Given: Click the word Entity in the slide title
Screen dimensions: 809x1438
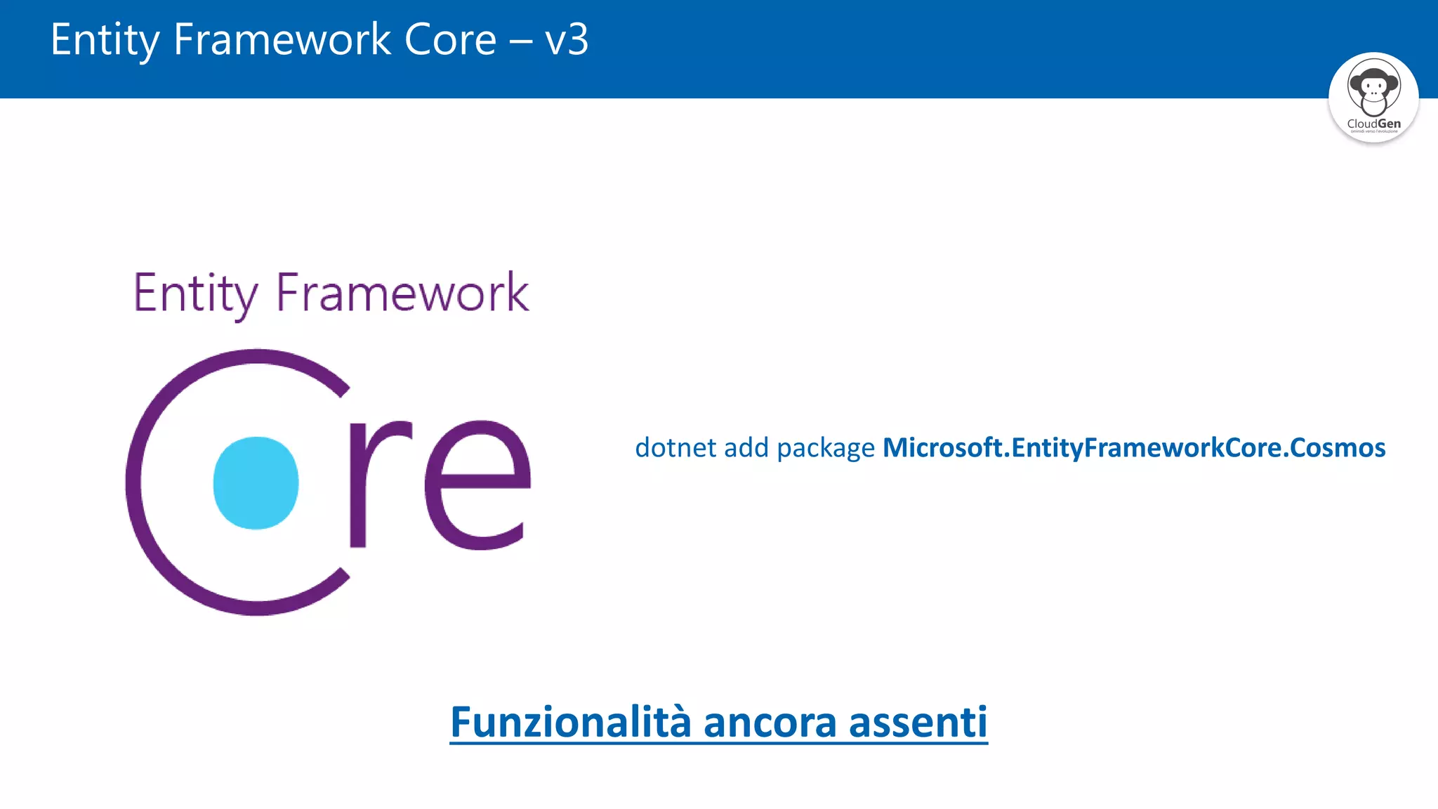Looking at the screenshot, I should (x=105, y=40).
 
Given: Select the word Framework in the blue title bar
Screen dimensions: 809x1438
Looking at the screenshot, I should (x=282, y=39).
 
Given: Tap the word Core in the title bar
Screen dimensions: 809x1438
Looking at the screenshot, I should (x=450, y=39).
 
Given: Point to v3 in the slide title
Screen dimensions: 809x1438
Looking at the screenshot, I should (x=566, y=40).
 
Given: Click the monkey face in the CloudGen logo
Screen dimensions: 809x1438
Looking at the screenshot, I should (x=1373, y=88).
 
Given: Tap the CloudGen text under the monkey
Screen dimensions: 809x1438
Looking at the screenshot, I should (x=1373, y=124).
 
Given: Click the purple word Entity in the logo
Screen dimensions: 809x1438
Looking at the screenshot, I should (x=195, y=294).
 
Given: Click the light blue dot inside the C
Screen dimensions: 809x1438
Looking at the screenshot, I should (x=256, y=482).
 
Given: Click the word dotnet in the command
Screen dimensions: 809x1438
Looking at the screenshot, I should (x=675, y=448).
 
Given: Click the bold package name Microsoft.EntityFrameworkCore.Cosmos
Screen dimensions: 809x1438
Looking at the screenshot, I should (x=1134, y=448).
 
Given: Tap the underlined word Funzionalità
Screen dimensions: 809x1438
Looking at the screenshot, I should (x=570, y=722).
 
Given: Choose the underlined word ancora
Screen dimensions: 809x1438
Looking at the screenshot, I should (x=770, y=723).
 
